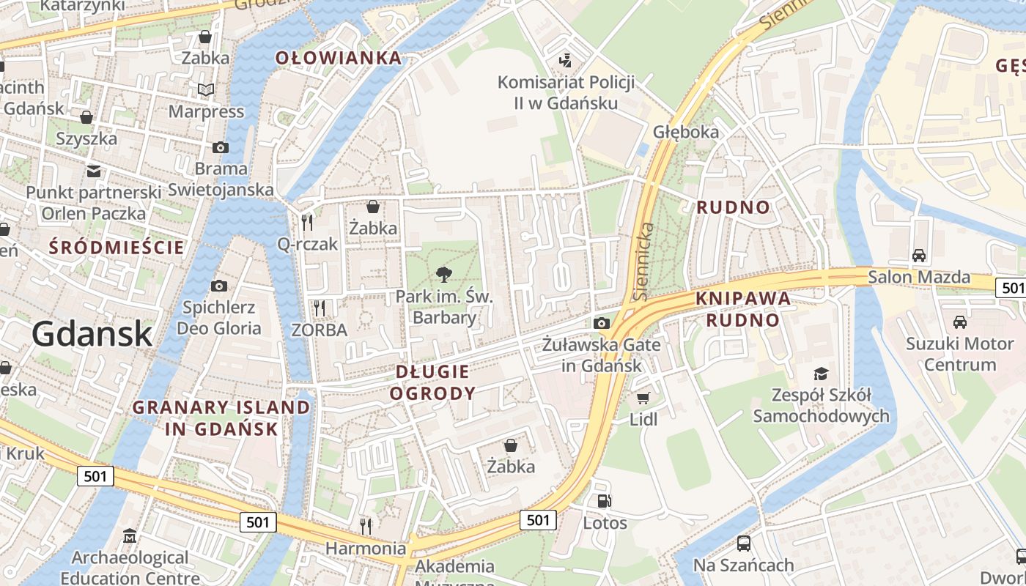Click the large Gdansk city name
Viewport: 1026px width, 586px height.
click(x=92, y=334)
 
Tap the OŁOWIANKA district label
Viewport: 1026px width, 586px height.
click(x=339, y=59)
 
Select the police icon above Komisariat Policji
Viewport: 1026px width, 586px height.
click(x=565, y=60)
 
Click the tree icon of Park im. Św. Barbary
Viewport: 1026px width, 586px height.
click(x=443, y=275)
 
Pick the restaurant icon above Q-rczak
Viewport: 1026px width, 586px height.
click(x=307, y=221)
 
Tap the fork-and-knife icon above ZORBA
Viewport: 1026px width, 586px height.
click(x=319, y=308)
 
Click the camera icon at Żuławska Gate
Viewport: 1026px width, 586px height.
click(x=601, y=323)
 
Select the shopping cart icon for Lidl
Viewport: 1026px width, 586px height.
click(x=643, y=398)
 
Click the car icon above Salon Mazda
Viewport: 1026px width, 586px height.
click(x=918, y=256)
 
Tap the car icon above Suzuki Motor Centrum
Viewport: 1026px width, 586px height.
click(x=959, y=322)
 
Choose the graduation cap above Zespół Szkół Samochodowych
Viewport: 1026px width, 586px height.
click(x=821, y=374)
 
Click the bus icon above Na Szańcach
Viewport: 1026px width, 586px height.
click(x=743, y=544)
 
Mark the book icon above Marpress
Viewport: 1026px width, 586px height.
click(x=206, y=89)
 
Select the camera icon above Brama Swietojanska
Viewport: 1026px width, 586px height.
click(x=220, y=147)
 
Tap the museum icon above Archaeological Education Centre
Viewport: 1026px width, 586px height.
click(x=130, y=536)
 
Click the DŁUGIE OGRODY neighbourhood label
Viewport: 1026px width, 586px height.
click(x=432, y=382)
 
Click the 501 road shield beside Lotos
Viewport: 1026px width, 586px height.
click(x=538, y=520)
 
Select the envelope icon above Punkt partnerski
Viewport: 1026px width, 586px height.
click(x=93, y=171)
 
